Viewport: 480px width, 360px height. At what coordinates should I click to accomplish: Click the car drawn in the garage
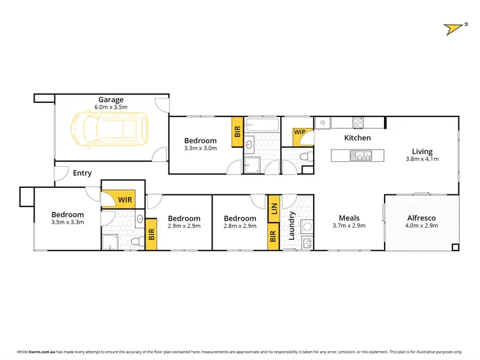(x=110, y=130)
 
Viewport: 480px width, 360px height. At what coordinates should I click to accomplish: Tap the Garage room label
(x=110, y=99)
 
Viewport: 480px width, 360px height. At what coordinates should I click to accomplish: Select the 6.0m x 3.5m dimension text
(x=111, y=107)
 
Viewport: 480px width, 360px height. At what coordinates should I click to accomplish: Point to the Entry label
(x=82, y=173)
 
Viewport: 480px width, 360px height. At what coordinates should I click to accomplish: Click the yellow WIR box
(x=124, y=200)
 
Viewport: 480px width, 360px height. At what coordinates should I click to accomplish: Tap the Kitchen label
(x=357, y=138)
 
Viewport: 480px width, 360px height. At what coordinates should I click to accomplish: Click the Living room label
(x=422, y=152)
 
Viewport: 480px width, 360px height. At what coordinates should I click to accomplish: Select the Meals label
(x=349, y=218)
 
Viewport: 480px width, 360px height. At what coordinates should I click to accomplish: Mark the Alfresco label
(x=422, y=218)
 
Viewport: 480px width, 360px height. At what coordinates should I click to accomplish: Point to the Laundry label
(x=292, y=225)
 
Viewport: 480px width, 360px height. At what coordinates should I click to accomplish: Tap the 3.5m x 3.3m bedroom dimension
(x=68, y=223)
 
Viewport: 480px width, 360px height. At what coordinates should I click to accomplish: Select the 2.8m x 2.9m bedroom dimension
(x=240, y=226)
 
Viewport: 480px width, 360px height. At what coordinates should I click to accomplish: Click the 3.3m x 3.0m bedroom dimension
(x=200, y=148)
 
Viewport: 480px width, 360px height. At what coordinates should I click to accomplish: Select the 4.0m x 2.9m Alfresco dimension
(x=422, y=226)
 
